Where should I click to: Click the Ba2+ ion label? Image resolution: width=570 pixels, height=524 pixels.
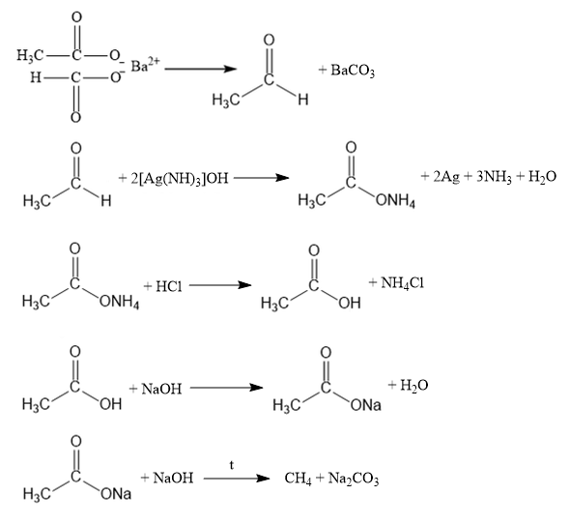[x=145, y=65]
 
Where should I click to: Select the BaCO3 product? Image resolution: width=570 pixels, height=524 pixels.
[x=353, y=71]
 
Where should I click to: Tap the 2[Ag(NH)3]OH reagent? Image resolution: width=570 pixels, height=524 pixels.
[x=180, y=178]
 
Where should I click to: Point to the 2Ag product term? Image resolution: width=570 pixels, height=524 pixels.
[x=446, y=177]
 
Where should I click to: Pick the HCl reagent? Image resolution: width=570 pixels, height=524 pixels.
[x=169, y=286]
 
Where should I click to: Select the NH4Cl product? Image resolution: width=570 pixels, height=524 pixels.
[x=403, y=282]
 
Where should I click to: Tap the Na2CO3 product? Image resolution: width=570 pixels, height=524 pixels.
[x=354, y=479]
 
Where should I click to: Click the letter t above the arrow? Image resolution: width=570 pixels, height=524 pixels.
[x=232, y=465]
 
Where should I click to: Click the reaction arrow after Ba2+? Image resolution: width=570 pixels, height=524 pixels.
[x=201, y=69]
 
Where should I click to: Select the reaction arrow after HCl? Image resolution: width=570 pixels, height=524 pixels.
[x=220, y=285]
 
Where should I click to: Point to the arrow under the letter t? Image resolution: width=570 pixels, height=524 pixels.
[x=237, y=479]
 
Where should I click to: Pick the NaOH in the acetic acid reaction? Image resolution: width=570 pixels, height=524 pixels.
[x=161, y=389]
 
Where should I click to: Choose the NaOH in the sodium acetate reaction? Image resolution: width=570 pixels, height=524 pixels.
[x=173, y=478]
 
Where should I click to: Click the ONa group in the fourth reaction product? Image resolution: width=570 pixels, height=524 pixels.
[x=366, y=405]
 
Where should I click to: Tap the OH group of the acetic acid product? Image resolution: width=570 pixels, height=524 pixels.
[x=350, y=303]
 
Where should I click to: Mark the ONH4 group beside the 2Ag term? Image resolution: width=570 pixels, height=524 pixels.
[x=395, y=200]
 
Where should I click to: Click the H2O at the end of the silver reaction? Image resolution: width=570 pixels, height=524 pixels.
[x=542, y=177]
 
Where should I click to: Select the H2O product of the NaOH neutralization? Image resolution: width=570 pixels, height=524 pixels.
[x=414, y=385]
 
